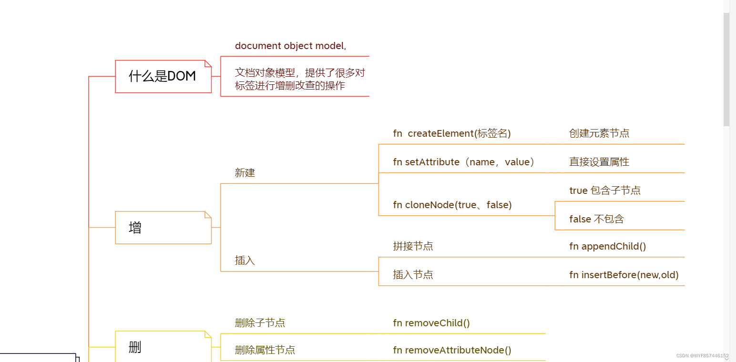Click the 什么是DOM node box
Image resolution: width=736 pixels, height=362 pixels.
(163, 76)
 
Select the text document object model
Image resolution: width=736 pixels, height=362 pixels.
(290, 46)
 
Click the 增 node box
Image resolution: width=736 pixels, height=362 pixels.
(163, 228)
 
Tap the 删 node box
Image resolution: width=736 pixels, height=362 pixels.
(163, 347)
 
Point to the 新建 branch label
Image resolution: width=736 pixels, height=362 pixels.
(245, 173)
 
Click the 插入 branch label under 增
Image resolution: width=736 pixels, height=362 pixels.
(245, 261)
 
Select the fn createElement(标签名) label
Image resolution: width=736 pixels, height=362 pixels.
(451, 133)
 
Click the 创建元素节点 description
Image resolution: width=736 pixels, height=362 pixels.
(599, 133)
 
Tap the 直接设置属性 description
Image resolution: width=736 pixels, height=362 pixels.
(599, 162)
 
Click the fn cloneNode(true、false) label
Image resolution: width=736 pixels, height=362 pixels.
(452, 205)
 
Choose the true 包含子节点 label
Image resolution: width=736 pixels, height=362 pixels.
(604, 191)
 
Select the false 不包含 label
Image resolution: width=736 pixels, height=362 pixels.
(596, 219)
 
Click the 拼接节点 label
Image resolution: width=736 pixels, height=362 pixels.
(413, 246)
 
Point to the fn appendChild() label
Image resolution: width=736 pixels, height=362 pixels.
(607, 246)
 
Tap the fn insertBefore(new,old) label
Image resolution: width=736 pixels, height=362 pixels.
(624, 275)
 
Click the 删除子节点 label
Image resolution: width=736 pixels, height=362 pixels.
(260, 323)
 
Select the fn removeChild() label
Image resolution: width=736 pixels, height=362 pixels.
(431, 323)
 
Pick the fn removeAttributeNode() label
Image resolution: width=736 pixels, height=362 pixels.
(452, 350)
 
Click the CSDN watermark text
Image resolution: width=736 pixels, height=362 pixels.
(702, 356)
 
